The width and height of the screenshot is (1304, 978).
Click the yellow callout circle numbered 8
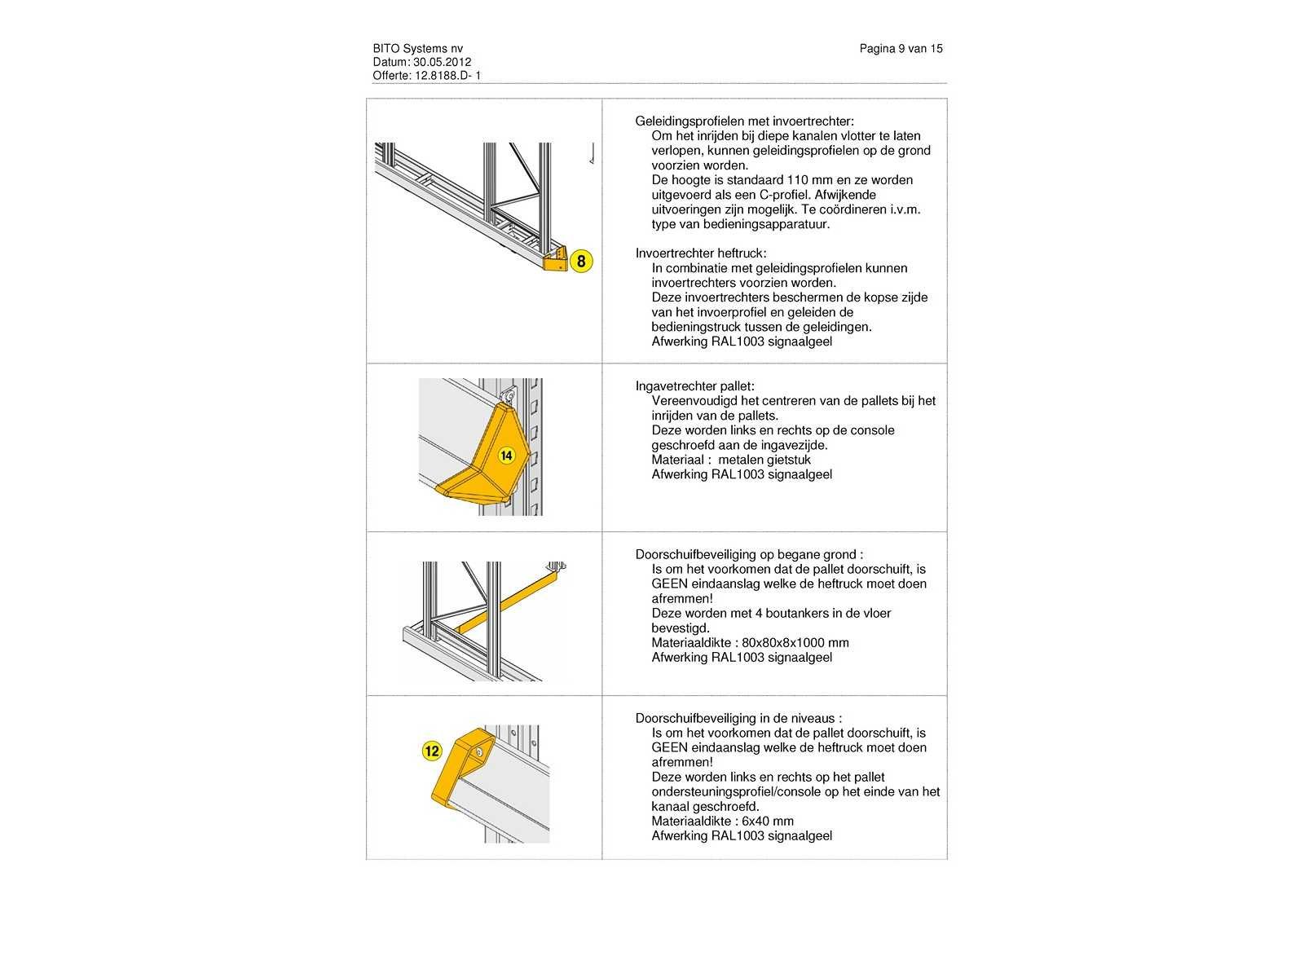tap(581, 262)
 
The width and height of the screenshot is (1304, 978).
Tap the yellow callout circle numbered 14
tap(506, 456)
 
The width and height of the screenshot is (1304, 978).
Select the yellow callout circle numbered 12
tap(432, 751)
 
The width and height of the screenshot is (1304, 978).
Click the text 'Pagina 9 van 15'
tap(901, 49)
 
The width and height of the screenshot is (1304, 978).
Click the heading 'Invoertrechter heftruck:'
tap(701, 253)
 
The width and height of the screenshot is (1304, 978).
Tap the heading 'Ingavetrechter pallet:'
tap(694, 386)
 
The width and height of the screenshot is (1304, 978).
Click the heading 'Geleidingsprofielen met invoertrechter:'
tap(744, 121)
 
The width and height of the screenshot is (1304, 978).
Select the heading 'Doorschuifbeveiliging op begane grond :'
tap(749, 555)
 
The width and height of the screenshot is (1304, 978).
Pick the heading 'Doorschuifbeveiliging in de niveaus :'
tap(738, 719)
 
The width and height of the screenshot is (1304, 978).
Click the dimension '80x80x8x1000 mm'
tap(795, 643)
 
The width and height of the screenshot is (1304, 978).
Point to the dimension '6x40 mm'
tap(768, 822)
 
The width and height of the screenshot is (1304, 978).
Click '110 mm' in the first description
tap(810, 180)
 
